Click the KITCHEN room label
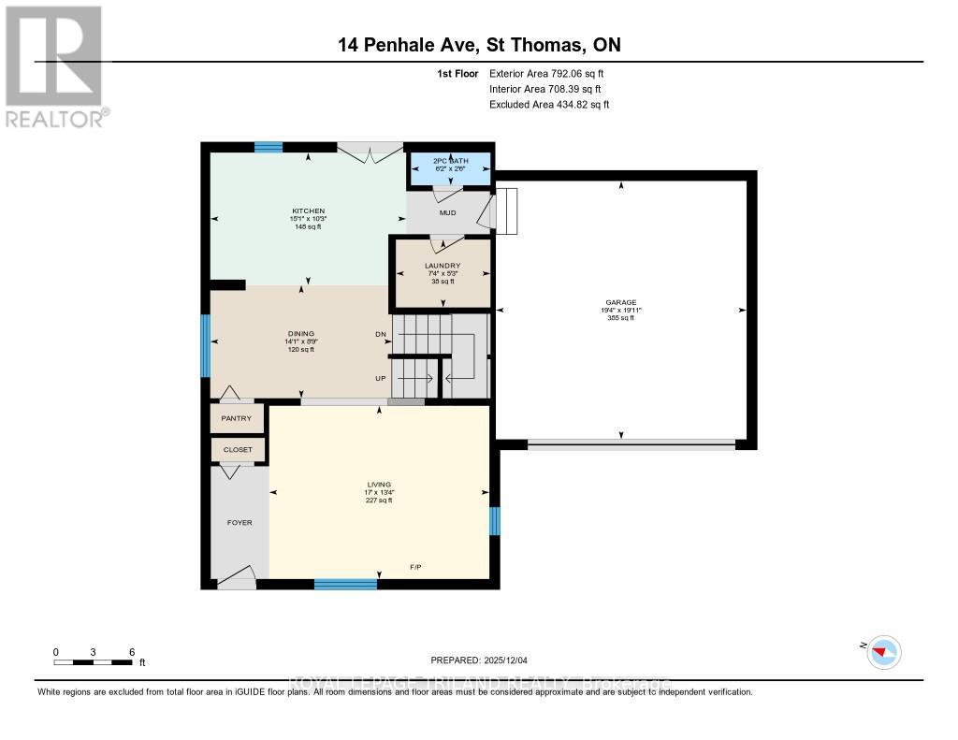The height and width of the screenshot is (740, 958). point(308,211)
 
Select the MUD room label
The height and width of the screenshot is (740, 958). point(448,212)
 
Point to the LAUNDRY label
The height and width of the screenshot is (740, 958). point(443,266)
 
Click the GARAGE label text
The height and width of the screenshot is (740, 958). point(620,302)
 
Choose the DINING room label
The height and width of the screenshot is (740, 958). point(301,334)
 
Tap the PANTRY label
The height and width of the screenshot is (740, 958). point(238,418)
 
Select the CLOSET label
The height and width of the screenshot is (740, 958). point(238,450)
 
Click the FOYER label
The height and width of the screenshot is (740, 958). point(239,522)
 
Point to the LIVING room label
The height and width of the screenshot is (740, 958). point(379,485)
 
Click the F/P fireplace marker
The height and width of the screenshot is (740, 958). point(415,567)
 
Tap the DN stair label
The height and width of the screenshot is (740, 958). point(381,334)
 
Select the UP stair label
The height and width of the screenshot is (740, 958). point(381,378)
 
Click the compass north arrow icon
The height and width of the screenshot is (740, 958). point(883,650)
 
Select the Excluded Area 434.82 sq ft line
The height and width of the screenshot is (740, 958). point(549,105)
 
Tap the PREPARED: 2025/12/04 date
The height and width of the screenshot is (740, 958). point(478,659)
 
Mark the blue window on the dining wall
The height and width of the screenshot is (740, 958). point(206,344)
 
